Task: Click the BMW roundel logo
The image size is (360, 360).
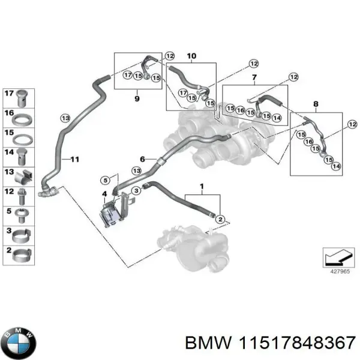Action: [x=19, y=342]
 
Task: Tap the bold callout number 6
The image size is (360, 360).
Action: [x=143, y=158]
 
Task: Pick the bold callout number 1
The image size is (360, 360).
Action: [x=202, y=187]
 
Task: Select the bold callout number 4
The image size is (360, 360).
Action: [x=104, y=193]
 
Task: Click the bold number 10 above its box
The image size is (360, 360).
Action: [x=191, y=56]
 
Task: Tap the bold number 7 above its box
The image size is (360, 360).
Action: [x=254, y=79]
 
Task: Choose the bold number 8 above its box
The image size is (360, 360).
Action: [x=317, y=103]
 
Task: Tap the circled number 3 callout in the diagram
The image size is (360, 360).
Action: [x=136, y=190]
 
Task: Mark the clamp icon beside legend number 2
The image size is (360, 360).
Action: [x=23, y=252]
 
